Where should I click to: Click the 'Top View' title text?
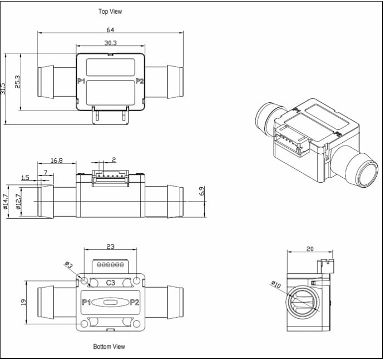coord(110,11)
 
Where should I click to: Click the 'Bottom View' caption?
coord(110,347)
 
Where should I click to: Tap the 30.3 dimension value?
coord(110,43)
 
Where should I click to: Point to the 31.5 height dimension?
coord(3,88)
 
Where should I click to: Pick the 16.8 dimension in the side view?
coord(56,160)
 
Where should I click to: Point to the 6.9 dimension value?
coord(202,190)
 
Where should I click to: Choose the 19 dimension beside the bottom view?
coord(23,302)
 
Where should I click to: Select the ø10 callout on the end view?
coord(277,284)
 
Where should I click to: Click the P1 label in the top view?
coord(81,82)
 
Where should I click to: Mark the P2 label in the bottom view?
coord(135,303)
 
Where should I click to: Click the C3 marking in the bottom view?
coord(110,283)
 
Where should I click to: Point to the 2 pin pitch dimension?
coord(113,159)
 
